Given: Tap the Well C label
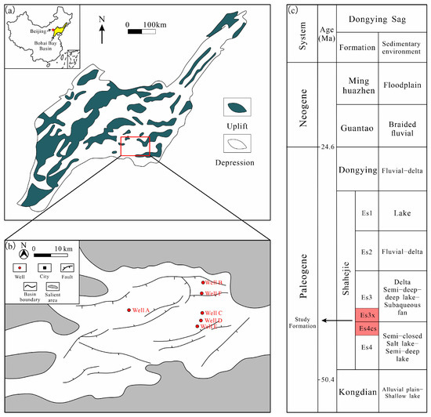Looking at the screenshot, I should [214, 313].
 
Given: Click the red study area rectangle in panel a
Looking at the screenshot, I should [134, 146].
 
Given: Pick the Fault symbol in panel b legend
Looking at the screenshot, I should [68, 270].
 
